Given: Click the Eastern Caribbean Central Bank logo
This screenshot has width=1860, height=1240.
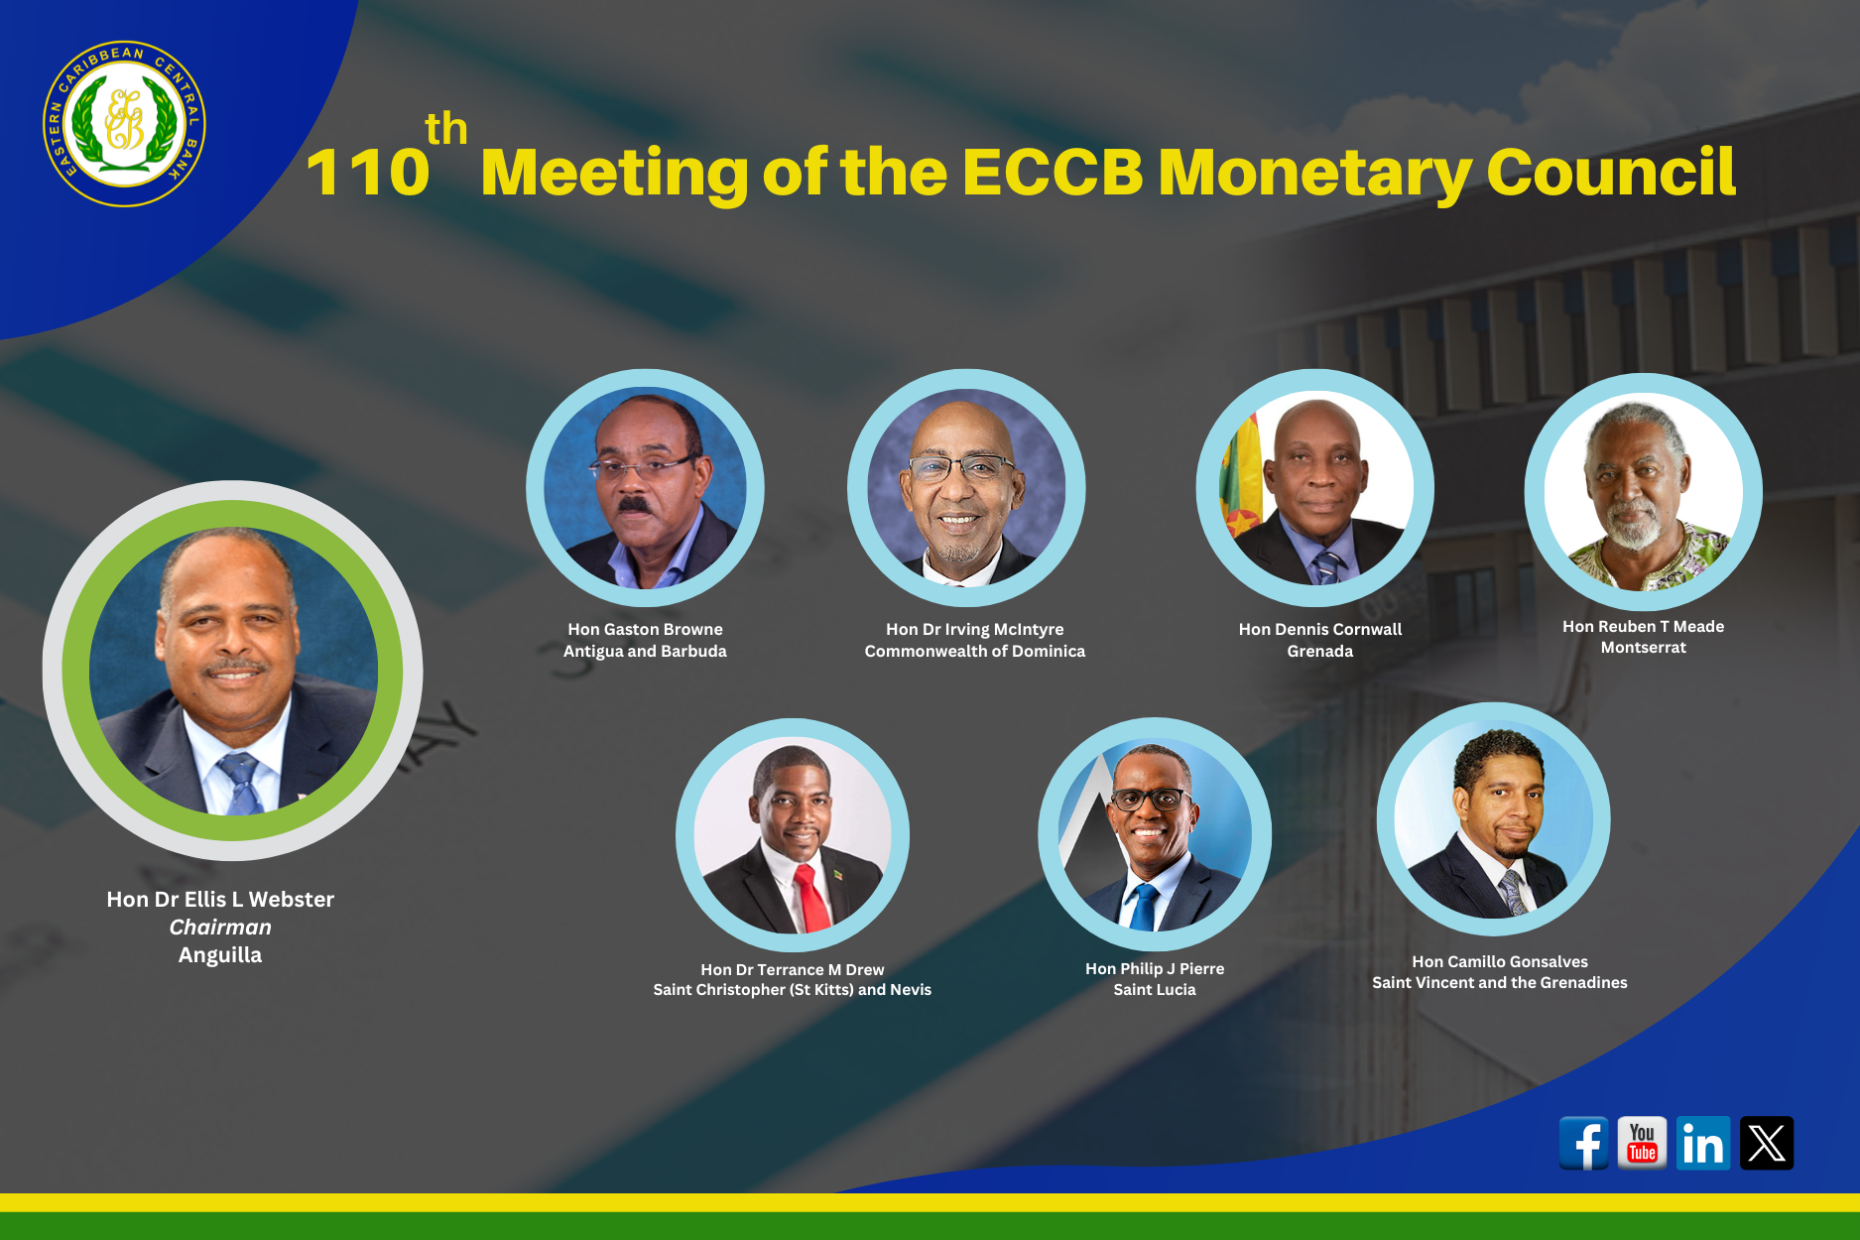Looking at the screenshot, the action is pyautogui.click(x=124, y=124).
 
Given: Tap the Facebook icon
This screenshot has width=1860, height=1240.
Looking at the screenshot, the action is pyautogui.click(x=1584, y=1144).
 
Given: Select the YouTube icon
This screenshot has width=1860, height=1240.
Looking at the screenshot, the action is pyautogui.click(x=1643, y=1143).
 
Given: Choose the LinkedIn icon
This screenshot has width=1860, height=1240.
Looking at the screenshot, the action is pyautogui.click(x=1703, y=1143).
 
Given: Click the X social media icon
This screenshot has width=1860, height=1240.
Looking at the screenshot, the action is pyautogui.click(x=1767, y=1143).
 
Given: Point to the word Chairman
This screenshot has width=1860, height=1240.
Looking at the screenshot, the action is pyautogui.click(x=220, y=928).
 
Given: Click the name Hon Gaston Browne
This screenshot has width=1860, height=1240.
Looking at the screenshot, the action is pyautogui.click(x=645, y=629).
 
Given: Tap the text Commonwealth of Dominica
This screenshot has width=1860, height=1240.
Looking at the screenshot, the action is pyautogui.click(x=975, y=651).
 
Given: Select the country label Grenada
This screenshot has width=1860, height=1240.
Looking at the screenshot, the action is pyautogui.click(x=1319, y=651).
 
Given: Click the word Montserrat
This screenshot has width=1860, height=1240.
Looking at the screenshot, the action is pyautogui.click(x=1643, y=647).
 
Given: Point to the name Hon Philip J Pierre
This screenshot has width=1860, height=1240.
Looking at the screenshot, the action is pyautogui.click(x=1155, y=968).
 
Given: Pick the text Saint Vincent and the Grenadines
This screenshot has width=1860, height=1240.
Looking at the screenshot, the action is pyautogui.click(x=1500, y=982).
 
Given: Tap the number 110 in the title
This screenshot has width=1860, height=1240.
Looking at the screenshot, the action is pyautogui.click(x=368, y=173).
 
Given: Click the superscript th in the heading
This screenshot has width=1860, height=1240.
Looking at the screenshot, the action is pyautogui.click(x=446, y=129).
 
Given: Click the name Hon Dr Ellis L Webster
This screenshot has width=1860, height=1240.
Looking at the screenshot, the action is pyautogui.click(x=220, y=899).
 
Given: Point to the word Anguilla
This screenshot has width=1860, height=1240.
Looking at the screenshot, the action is pyautogui.click(x=220, y=955).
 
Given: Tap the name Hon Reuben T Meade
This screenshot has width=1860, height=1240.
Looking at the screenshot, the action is pyautogui.click(x=1643, y=626).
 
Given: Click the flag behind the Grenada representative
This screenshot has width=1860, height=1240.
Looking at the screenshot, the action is pyautogui.click(x=1241, y=476).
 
